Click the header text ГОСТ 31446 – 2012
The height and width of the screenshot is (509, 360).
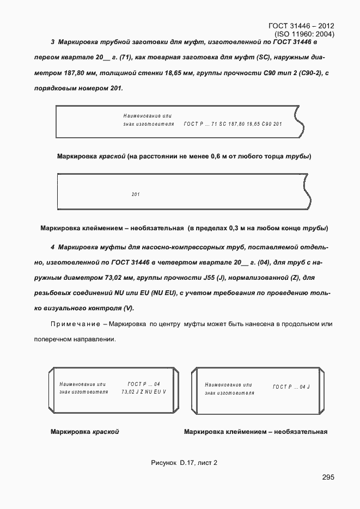pyautogui.click(x=301, y=26)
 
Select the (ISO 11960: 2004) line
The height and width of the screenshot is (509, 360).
pyautogui.click(x=304, y=34)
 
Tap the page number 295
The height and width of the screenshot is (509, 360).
pyautogui.click(x=328, y=477)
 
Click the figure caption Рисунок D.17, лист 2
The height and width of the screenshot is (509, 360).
pyautogui.click(x=184, y=463)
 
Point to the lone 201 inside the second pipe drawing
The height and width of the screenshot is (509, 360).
pyautogui.click(x=136, y=194)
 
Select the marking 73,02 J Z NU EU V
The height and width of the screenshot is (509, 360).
pyautogui.click(x=144, y=391)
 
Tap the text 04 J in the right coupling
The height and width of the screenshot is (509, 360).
pyautogui.click(x=304, y=387)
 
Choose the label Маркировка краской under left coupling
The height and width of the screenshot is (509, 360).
pyautogui.click(x=84, y=432)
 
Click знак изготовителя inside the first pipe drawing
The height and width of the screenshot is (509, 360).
pyautogui.click(x=149, y=124)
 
